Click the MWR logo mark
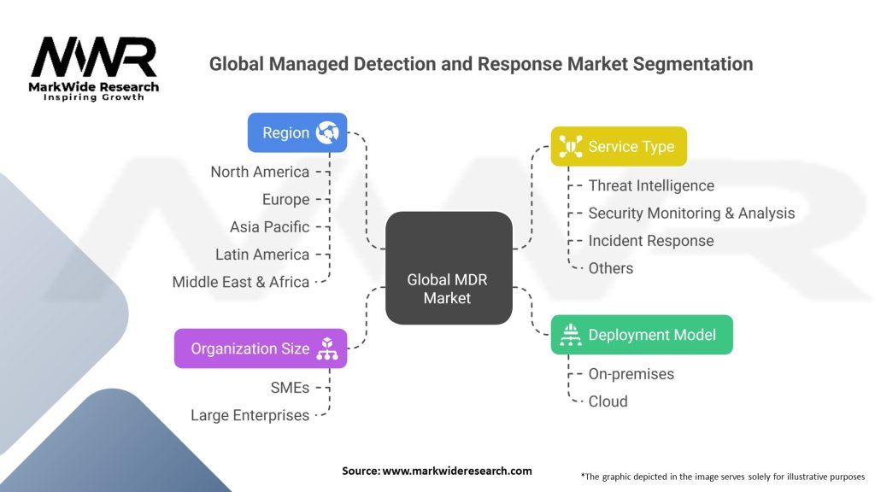point(94,57)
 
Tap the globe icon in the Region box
point(327,132)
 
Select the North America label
point(260,172)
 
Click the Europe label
point(285,199)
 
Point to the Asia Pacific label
point(269,226)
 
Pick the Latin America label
point(262,255)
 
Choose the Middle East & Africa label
point(240,282)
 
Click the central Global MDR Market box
point(449,267)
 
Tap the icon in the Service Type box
point(570,146)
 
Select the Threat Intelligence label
point(651,185)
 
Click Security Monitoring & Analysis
point(691,213)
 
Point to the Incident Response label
point(651,240)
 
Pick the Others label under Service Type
point(610,268)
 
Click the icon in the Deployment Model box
point(570,335)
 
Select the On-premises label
point(631,374)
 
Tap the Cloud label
point(608,401)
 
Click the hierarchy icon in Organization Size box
point(327,348)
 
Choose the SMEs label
point(290,388)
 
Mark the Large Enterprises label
point(250,415)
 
